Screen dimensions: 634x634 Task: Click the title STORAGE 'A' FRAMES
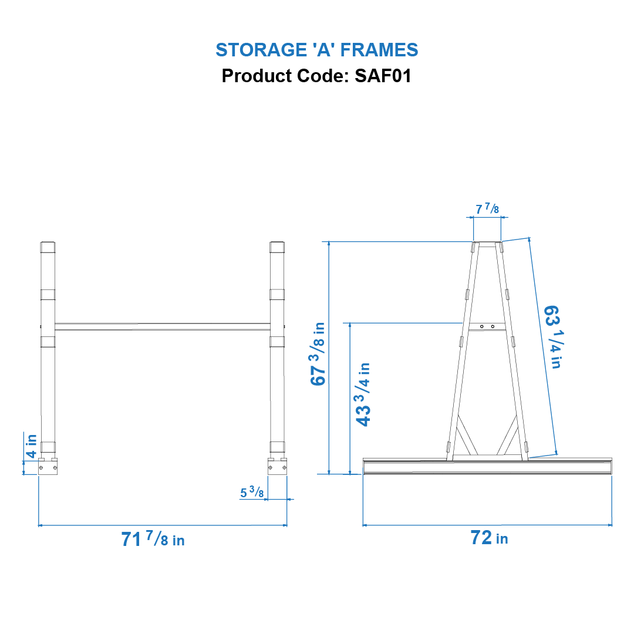[316, 50]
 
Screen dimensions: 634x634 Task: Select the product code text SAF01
[383, 76]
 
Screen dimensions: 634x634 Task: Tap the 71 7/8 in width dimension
[153, 539]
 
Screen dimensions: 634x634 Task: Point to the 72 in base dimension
[488, 537]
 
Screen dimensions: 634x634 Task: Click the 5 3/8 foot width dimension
[251, 493]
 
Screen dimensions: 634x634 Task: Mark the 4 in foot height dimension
[31, 446]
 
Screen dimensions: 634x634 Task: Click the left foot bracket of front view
[48, 467]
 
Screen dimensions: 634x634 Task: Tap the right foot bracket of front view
[277, 467]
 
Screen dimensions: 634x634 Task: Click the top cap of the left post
[48, 247]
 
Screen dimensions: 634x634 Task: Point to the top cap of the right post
[277, 247]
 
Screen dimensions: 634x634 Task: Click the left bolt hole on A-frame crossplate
[481, 326]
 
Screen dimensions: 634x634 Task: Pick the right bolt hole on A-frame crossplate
[493, 326]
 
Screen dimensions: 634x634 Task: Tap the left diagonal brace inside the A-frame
[467, 434]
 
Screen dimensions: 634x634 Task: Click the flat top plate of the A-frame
[487, 244]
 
